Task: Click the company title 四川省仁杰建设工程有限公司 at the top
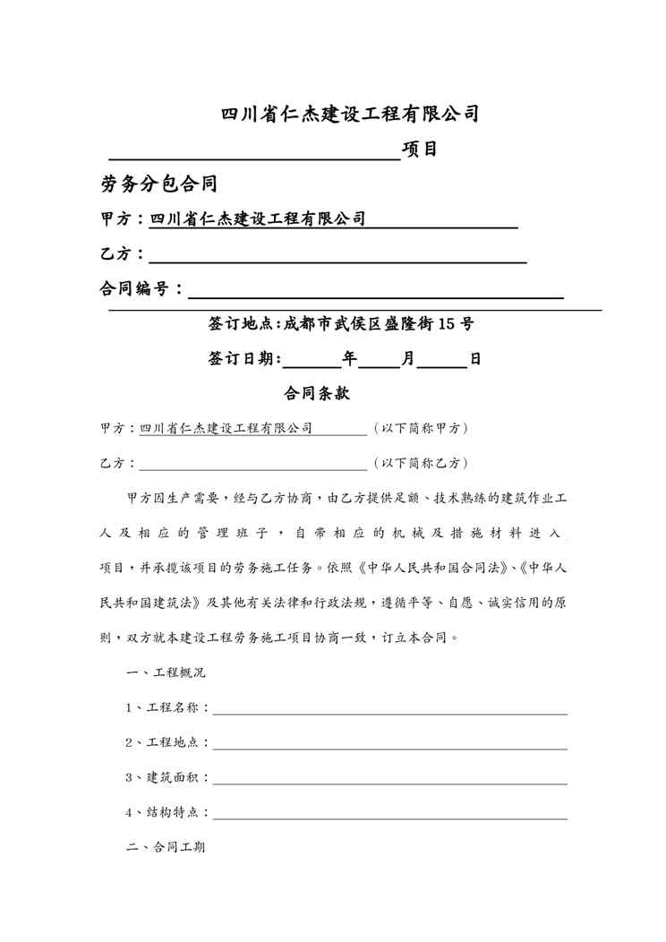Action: coord(350,114)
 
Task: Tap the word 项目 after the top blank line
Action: coord(420,149)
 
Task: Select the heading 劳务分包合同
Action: coord(160,184)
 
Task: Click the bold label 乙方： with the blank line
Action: coord(124,254)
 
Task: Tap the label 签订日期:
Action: coord(244,359)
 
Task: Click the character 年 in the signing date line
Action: coord(349,359)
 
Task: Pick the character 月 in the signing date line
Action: coord(407,359)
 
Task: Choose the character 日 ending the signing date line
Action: coord(475,359)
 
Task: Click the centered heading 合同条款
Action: coord(316,393)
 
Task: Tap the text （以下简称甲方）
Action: coord(420,429)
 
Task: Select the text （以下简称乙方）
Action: coord(420,464)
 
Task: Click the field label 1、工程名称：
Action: coord(168,707)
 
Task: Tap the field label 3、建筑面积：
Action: coord(168,777)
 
